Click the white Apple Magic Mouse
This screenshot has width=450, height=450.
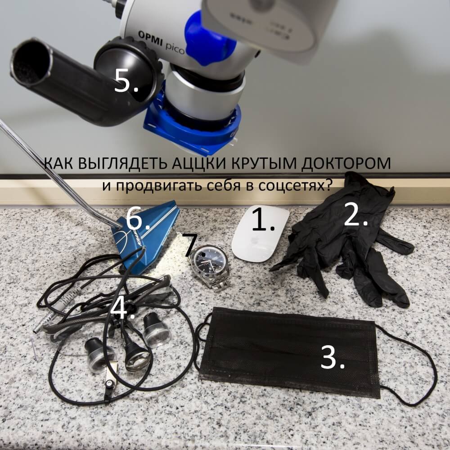[x=260, y=233]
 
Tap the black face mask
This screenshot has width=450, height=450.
[x=290, y=352]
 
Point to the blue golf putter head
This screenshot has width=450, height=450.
[x=146, y=235]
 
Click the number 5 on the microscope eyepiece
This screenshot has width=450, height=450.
[x=126, y=82]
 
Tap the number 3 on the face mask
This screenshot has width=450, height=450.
[x=333, y=357]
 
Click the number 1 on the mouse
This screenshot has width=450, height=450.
[x=263, y=220]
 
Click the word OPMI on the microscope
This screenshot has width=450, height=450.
[x=150, y=38]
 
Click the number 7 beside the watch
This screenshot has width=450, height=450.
[x=191, y=244]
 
